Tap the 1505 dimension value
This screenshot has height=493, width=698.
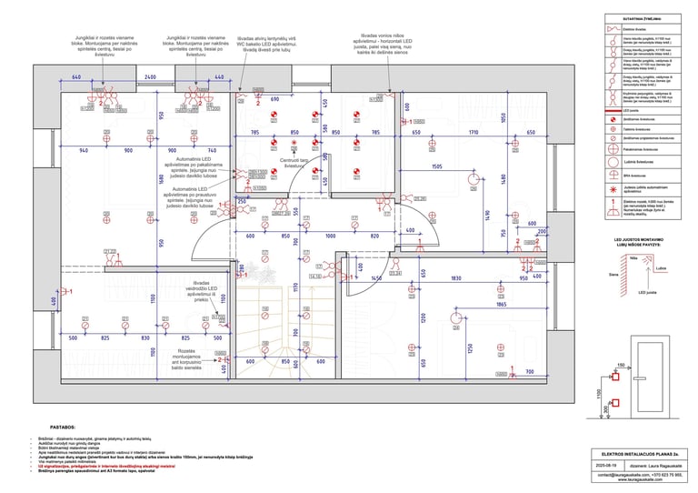(437, 167)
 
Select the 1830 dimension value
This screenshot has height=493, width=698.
(457, 278)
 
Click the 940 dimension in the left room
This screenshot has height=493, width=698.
(84, 150)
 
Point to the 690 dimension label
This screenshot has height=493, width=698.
(274, 97)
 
